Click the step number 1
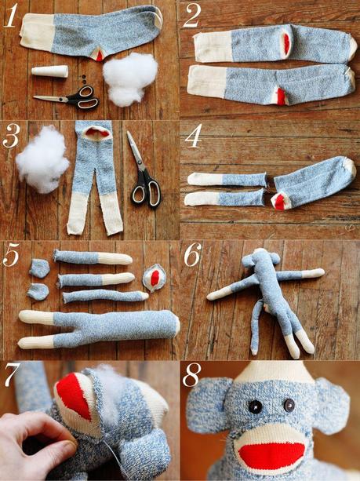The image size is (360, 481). (x=10, y=16)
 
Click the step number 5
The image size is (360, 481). (x=11, y=257)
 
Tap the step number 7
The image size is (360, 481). (x=11, y=376)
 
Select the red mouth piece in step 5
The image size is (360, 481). (x=155, y=277)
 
